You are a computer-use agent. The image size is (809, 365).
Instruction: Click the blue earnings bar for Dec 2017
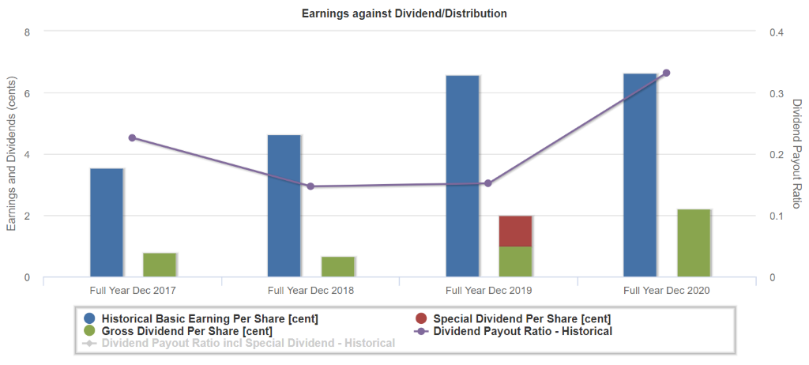[x=107, y=222]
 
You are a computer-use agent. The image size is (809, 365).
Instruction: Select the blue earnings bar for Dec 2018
[x=284, y=205]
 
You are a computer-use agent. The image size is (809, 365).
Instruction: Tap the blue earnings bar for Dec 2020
[x=640, y=175]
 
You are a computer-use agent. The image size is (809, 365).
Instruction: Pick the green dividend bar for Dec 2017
[x=160, y=265]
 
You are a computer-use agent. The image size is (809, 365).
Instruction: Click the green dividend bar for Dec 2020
[x=694, y=243]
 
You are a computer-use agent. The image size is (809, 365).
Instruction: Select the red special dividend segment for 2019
[x=515, y=231]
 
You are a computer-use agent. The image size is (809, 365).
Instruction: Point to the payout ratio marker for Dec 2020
[x=666, y=73]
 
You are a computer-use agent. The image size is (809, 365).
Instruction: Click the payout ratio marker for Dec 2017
[x=132, y=137]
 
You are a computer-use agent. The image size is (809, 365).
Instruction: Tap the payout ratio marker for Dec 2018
[x=310, y=186]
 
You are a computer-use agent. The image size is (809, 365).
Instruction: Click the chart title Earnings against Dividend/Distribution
[x=404, y=13]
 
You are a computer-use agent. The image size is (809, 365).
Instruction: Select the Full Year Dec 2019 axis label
[x=488, y=291]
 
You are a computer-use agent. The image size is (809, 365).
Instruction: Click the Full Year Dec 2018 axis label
[x=310, y=291]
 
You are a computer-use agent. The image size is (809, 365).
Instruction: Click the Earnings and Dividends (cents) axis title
[x=11, y=154]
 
